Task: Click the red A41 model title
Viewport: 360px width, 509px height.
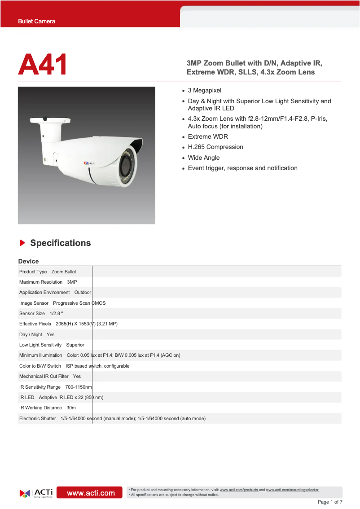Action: [x=43, y=65]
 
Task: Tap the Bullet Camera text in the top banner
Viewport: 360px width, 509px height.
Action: [x=36, y=21]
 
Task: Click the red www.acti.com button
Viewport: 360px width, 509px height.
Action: [x=91, y=493]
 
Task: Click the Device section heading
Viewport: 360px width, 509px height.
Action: [x=28, y=261]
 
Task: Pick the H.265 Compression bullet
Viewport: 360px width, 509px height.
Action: [x=215, y=147]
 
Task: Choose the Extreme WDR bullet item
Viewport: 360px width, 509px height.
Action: [x=208, y=136]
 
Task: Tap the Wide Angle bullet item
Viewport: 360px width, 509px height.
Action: [x=204, y=158]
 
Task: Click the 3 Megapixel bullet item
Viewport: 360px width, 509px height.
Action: [x=205, y=91]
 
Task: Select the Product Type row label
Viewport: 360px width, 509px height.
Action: [x=33, y=272]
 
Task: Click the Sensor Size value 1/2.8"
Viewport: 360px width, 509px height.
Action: [x=56, y=313]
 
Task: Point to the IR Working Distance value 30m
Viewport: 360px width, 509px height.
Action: [x=71, y=408]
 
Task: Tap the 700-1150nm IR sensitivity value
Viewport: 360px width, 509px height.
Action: [x=79, y=387]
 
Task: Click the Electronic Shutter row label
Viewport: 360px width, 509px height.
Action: [x=38, y=418]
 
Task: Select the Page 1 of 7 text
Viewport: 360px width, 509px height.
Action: [x=330, y=502]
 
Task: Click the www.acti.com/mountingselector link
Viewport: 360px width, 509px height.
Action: [x=292, y=490]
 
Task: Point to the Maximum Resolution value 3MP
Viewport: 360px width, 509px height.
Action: [x=72, y=282]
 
